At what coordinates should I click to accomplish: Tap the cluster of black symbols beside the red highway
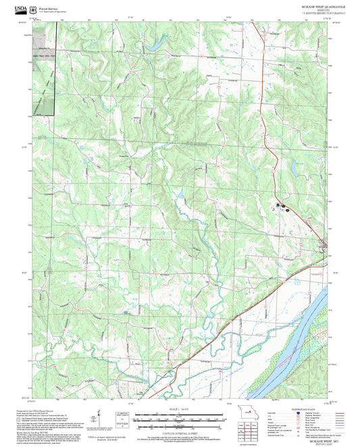coord(282,205)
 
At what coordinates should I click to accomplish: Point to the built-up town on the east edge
coord(325,244)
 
